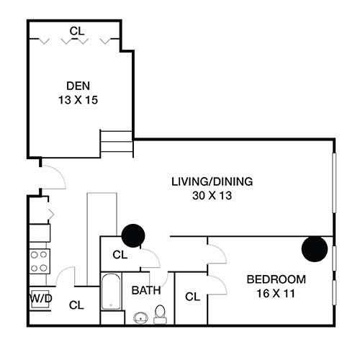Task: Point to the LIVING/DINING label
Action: tap(212, 181)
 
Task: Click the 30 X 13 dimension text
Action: tap(212, 194)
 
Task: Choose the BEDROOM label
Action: tap(276, 279)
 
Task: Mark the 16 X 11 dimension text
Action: tap(276, 293)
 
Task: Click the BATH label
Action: tap(146, 291)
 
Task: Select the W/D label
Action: tap(39, 298)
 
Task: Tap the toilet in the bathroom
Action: tap(161, 313)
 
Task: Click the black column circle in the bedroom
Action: tap(315, 248)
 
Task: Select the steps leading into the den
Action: tap(115, 143)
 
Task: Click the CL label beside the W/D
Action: tap(76, 305)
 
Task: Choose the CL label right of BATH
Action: tap(192, 296)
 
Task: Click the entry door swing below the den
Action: tap(53, 175)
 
